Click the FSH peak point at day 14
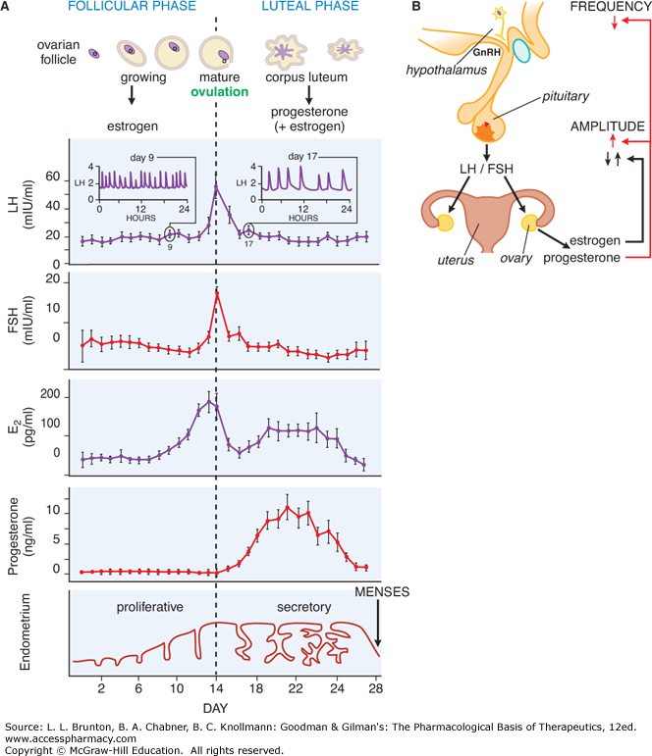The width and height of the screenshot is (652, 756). pos(216,291)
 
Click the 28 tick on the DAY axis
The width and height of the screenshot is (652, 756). pos(374,687)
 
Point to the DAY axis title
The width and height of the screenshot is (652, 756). pos(216,708)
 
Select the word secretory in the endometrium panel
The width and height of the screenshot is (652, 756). pos(302,608)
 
